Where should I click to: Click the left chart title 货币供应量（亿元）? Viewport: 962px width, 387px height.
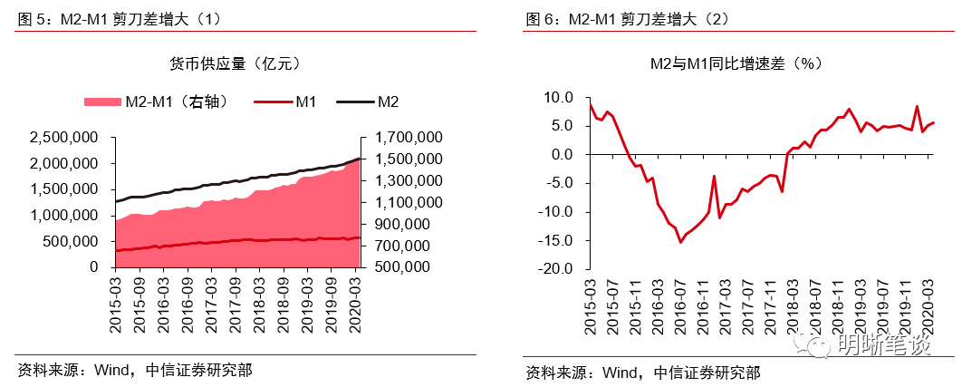pyautogui.click(x=235, y=64)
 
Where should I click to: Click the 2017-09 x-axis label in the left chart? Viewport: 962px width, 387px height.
pyautogui.click(x=234, y=294)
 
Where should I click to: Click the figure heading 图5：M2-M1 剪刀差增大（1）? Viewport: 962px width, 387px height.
pyautogui.click(x=118, y=18)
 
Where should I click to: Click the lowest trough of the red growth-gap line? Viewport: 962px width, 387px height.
pyautogui.click(x=680, y=241)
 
